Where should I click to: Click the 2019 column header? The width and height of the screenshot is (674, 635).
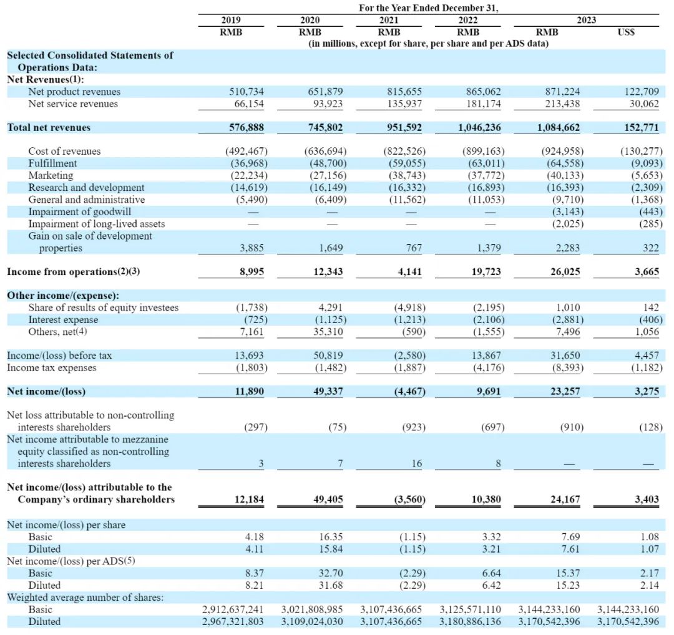231,20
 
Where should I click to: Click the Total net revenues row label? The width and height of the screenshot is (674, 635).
49,127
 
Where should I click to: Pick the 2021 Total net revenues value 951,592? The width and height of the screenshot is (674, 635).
404,127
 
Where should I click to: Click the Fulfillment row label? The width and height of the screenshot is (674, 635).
52,163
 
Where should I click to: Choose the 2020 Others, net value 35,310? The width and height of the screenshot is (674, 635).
326,332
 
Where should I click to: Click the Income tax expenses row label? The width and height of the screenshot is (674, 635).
52,367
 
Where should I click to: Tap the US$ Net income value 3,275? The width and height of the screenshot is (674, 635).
646,392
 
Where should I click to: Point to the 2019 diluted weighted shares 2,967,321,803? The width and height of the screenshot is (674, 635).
233,621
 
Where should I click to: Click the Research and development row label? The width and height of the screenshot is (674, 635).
86,187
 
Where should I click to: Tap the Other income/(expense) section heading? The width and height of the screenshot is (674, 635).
62,296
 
